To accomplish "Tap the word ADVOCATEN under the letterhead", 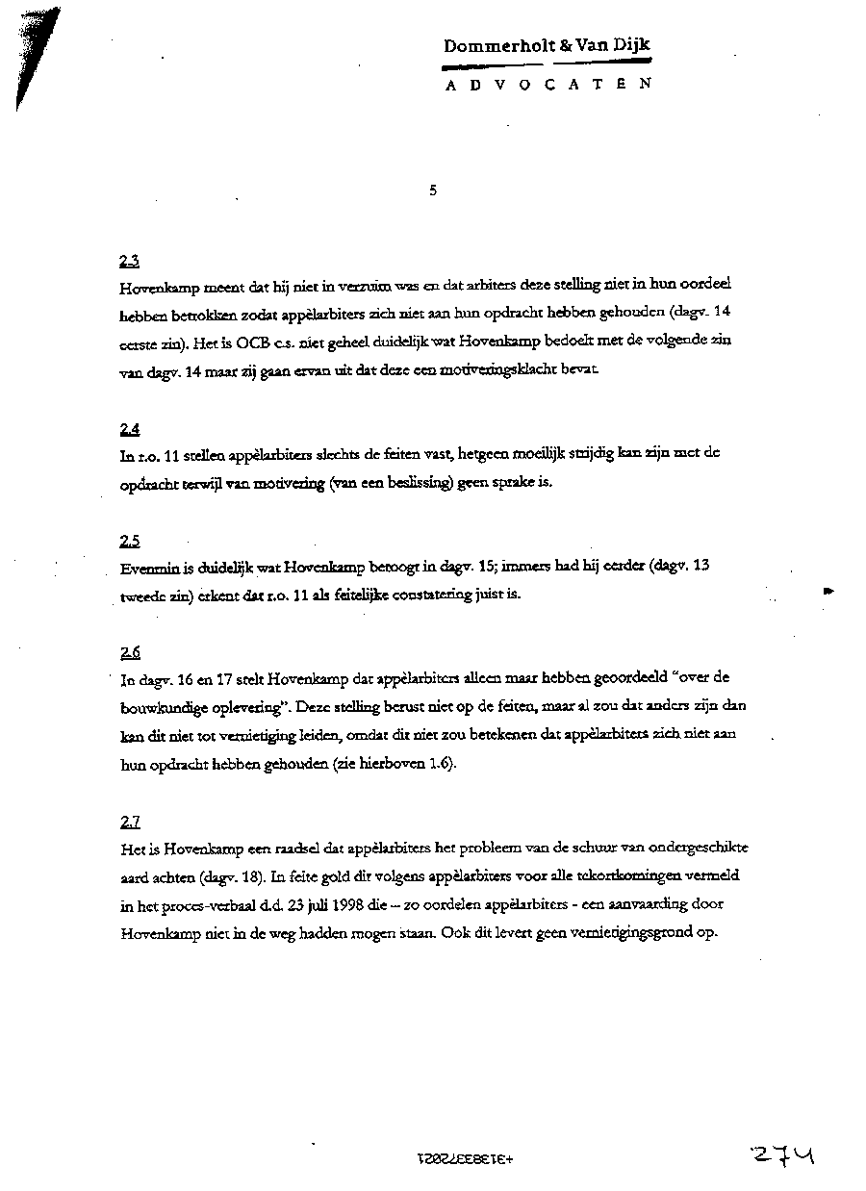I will pyautogui.click(x=548, y=84).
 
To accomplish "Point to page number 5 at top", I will pyautogui.click(x=433, y=190).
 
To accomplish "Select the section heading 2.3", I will pyautogui.click(x=130, y=260).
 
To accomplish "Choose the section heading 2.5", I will pyautogui.click(x=130, y=540).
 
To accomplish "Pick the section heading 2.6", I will pyautogui.click(x=130, y=651).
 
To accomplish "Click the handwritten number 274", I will pyautogui.click(x=784, y=1153).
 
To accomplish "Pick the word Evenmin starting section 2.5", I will pyautogui.click(x=147, y=568).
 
